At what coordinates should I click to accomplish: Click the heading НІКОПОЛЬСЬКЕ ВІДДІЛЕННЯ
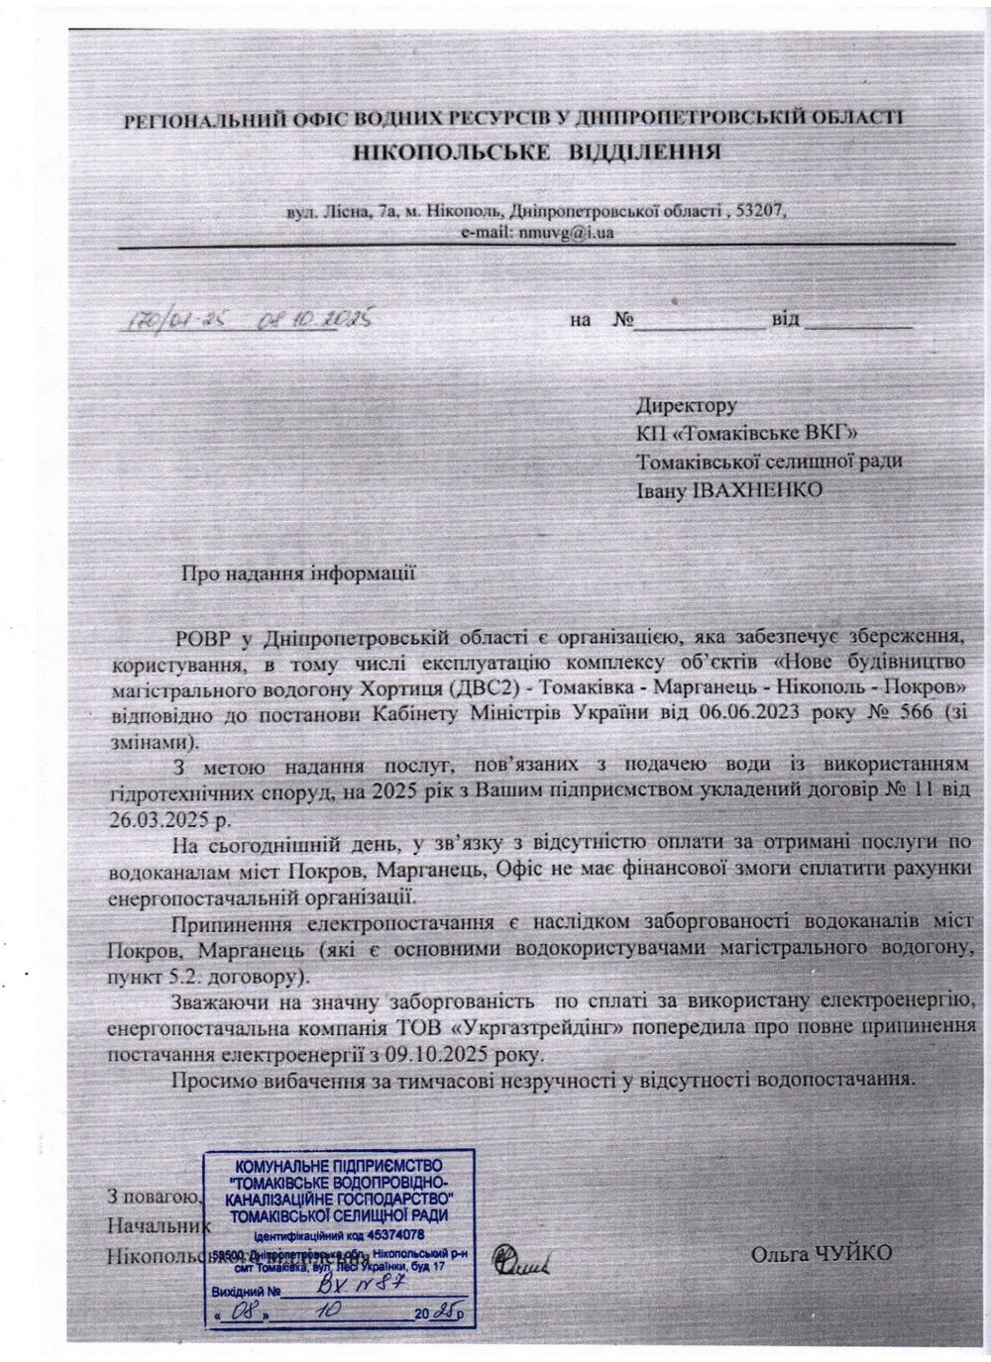[x=535, y=153]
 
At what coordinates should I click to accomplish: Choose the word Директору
[x=686, y=405]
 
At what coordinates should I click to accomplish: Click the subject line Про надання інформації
[x=297, y=573]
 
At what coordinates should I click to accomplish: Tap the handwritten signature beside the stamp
[x=525, y=1260]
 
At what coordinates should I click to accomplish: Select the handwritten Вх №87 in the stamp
[x=337, y=1289]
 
